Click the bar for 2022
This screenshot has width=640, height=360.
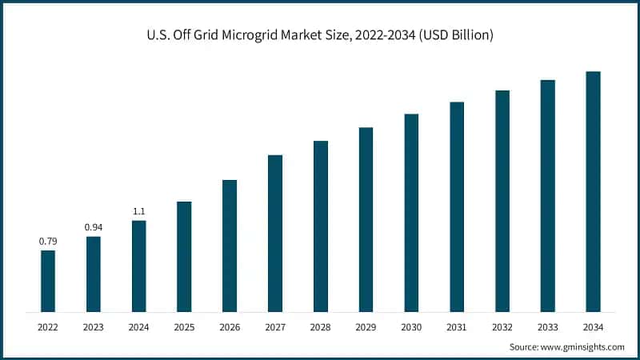point(48,281)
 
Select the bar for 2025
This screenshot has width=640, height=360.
point(184,256)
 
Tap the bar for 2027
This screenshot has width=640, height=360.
point(275,233)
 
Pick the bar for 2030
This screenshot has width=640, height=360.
point(411,212)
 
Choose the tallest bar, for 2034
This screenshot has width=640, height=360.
point(593,191)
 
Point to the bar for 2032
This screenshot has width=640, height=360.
point(502,201)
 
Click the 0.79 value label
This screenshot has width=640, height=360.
point(48,241)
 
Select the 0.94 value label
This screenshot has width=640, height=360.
point(94,227)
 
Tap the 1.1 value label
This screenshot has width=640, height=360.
point(138,211)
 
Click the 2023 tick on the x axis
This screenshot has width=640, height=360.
point(94,327)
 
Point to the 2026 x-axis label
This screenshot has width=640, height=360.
point(230,327)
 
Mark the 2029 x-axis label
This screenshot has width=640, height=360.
point(366,327)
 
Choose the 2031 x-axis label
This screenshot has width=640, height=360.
point(457,327)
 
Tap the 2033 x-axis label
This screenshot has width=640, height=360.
point(547,327)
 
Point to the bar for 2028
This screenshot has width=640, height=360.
point(321,226)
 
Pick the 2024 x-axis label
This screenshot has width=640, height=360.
point(138,327)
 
